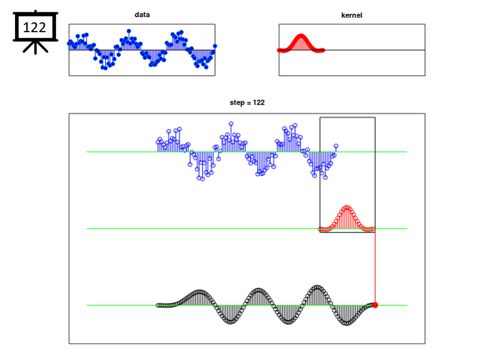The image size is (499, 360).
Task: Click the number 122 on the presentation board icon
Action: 34,28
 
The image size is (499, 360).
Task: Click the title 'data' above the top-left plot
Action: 142,14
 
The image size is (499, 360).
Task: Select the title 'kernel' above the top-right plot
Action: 352,15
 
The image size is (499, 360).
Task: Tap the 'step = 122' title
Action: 247,102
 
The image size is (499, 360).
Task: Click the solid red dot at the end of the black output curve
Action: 375,305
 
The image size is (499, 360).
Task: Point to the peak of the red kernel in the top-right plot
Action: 300,35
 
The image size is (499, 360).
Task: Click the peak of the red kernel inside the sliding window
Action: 347,208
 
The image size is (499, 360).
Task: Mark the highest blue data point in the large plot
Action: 231,124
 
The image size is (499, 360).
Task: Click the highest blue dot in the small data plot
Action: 129,31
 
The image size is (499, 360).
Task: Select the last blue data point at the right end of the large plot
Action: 336,146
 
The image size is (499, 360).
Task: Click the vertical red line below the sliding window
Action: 375,267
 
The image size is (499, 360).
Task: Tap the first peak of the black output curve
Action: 199,292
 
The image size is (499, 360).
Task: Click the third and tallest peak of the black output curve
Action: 317,287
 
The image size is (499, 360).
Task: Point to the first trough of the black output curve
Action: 231,322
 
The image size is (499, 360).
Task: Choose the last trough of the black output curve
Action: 346,323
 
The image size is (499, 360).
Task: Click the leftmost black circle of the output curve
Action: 158,305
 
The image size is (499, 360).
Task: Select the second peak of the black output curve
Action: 258,290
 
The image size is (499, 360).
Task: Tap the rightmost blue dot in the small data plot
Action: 215,46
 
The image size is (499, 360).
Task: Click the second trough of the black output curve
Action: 289,322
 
